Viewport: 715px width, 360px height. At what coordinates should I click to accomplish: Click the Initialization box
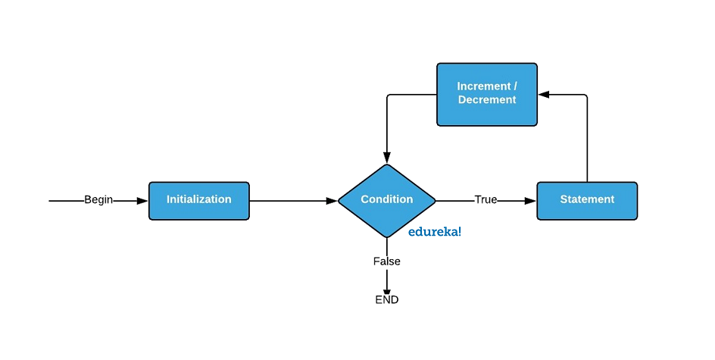(x=198, y=201)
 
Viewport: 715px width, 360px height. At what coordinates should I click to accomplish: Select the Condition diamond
(x=387, y=201)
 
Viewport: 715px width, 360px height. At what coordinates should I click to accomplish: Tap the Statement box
(x=587, y=201)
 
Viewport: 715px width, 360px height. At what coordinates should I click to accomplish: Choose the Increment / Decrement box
(x=487, y=95)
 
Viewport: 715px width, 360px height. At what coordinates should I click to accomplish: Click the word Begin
(x=98, y=200)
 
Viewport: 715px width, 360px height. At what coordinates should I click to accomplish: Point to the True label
(x=486, y=199)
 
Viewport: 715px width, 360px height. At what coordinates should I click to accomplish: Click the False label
(x=387, y=261)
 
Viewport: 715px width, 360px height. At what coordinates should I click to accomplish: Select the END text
(x=387, y=300)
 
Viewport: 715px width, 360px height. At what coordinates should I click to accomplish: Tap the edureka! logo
(x=435, y=232)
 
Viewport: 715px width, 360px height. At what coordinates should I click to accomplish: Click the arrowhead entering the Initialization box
(x=142, y=201)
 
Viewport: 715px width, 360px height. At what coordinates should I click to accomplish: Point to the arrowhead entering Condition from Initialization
(x=332, y=201)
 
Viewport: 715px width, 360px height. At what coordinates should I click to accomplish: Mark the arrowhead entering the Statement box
(x=530, y=201)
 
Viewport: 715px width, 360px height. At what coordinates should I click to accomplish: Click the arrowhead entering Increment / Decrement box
(x=544, y=95)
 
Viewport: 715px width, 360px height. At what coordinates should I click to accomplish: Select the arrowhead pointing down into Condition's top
(x=387, y=158)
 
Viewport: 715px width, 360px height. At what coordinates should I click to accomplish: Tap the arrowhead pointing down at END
(x=387, y=291)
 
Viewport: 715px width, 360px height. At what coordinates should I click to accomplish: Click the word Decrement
(x=487, y=100)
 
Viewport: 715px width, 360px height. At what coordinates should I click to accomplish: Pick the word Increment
(x=484, y=86)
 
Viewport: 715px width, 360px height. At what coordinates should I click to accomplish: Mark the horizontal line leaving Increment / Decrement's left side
(x=413, y=95)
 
